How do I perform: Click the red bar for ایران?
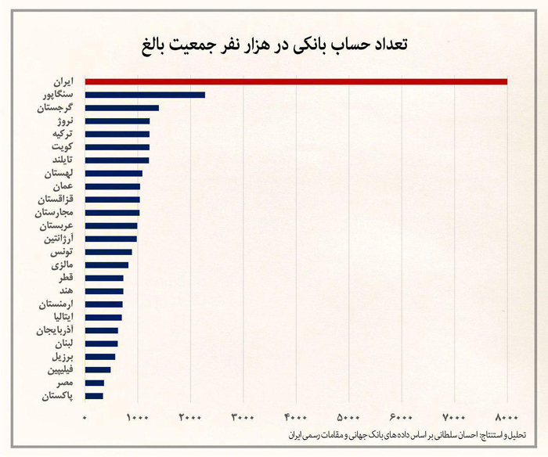[x=296, y=81]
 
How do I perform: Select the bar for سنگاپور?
[x=145, y=95]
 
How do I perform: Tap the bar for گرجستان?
[x=122, y=108]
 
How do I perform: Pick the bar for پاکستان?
[x=94, y=396]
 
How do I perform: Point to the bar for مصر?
[x=95, y=383]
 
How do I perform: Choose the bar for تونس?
[x=108, y=252]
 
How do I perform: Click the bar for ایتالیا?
[x=103, y=317]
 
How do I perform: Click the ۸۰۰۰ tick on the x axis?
[x=507, y=416]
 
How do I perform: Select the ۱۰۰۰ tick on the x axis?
[x=138, y=416]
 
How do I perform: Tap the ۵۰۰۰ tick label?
[x=349, y=416]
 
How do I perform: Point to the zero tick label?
[x=85, y=416]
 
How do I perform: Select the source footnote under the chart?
[x=406, y=434]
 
